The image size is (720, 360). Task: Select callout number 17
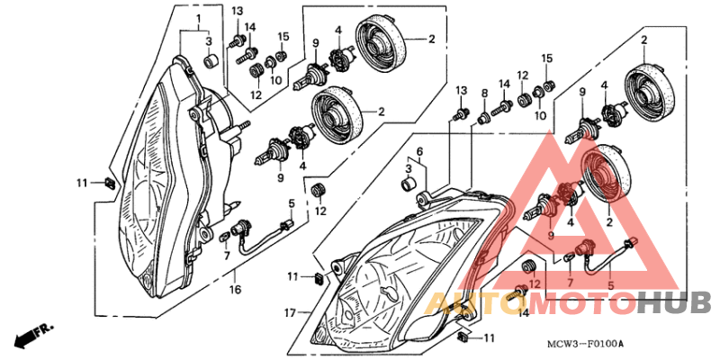click(x=291, y=313)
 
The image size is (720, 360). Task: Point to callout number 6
click(x=419, y=150)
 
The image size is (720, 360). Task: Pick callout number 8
click(x=484, y=94)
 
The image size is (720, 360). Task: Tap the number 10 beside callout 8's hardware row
click(x=541, y=116)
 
